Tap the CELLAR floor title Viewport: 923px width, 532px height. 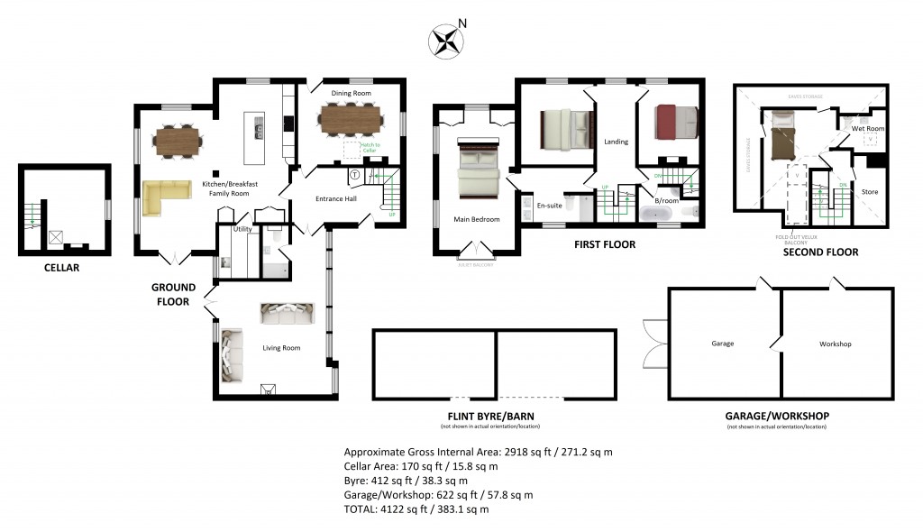[61, 268]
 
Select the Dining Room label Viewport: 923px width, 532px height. [352, 93]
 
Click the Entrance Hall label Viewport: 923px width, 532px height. [335, 198]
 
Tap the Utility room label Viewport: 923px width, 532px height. [242, 230]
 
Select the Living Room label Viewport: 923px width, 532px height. [281, 347]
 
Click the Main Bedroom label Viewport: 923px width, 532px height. [476, 218]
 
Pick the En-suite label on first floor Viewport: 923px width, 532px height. [549, 206]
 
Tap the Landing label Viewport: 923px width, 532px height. [616, 142]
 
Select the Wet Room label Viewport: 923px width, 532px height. [868, 129]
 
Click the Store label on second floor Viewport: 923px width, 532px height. [869, 192]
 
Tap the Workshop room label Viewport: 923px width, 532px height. [835, 344]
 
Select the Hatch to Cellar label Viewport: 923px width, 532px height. [370, 148]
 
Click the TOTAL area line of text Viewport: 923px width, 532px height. [416, 509]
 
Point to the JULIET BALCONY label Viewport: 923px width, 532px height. [475, 264]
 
